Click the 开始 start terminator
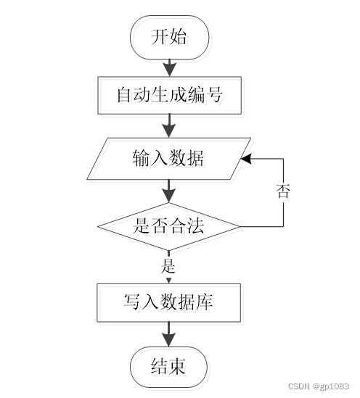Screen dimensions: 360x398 169,37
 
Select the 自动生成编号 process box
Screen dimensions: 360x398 169,95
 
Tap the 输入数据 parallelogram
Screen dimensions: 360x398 169,159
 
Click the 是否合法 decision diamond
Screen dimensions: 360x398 168,226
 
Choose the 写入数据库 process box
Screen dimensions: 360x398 168,302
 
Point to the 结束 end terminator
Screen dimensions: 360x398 168,367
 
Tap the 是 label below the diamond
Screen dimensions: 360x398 168,266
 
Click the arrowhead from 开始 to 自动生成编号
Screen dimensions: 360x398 169,69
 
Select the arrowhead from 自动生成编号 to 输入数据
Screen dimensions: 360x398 169,131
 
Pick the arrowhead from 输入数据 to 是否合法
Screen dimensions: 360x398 169,196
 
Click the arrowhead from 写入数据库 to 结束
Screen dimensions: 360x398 168,340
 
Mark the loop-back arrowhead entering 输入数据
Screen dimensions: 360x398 246,159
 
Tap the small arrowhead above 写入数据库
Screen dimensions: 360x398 168,281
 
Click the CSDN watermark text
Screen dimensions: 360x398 299,386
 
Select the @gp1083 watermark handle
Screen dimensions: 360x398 331,386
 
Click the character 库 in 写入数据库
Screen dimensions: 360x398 205,302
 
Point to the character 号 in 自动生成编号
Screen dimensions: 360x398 213,95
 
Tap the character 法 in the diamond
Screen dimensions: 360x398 195,226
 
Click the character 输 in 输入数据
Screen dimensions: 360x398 142,158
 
